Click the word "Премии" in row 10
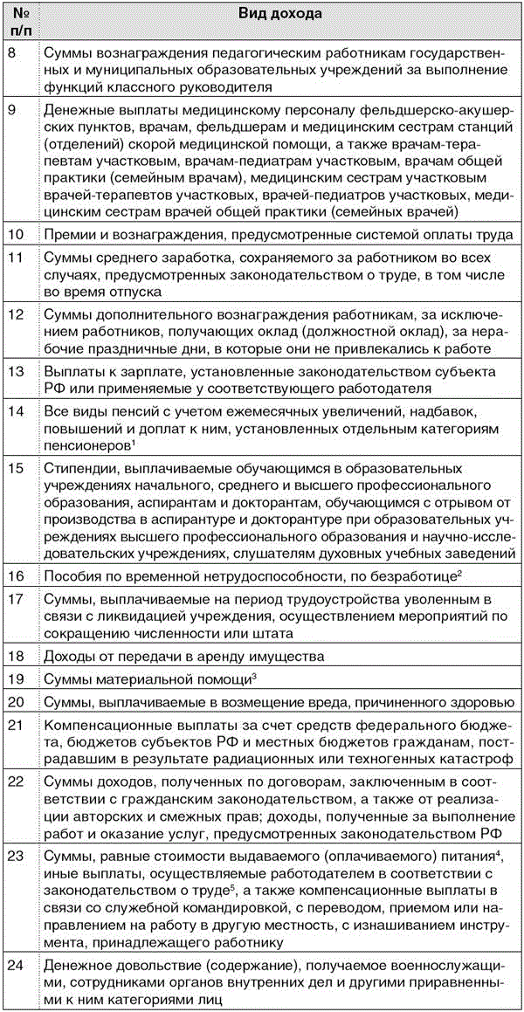71,234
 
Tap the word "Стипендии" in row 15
81,469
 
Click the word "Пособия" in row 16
74,577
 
